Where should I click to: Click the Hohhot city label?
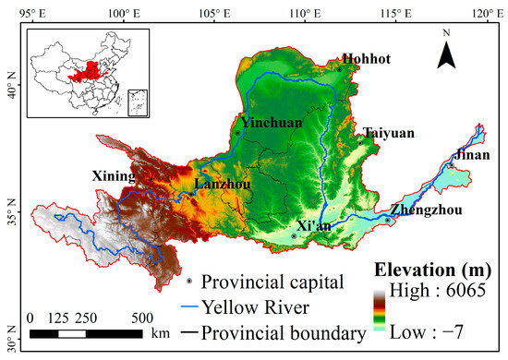[x=367, y=59]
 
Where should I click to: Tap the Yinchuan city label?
[x=271, y=122]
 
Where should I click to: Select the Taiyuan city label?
[x=388, y=133]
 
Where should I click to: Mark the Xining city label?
[x=114, y=175]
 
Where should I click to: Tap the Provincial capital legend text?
[x=279, y=281]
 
